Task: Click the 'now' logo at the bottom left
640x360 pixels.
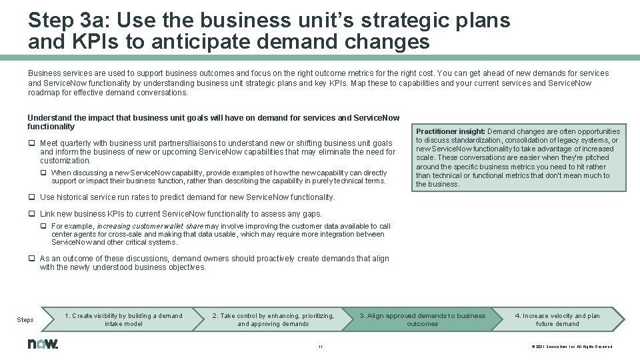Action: coord(43,344)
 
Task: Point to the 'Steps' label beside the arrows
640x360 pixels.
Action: coord(25,320)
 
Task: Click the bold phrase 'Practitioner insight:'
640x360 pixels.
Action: coord(450,132)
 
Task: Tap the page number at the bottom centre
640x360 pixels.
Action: coord(320,346)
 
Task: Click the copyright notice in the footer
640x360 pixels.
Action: coord(571,346)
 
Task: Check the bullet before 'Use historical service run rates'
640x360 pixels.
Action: coord(31,197)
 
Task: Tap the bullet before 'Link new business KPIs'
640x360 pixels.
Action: coord(31,214)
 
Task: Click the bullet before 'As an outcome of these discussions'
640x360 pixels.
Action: coord(31,259)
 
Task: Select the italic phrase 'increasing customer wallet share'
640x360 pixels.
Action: coord(150,227)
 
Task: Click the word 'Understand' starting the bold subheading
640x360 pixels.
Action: coord(49,118)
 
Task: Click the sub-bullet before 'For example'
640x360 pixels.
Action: coord(43,227)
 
